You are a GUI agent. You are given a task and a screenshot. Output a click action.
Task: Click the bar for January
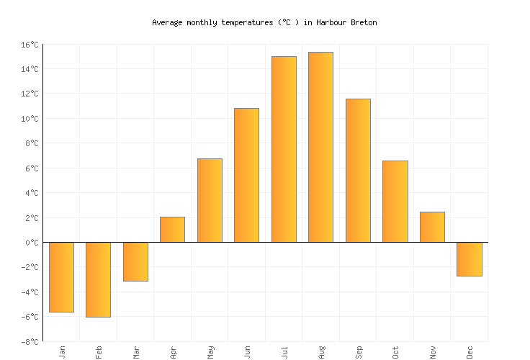[61, 277]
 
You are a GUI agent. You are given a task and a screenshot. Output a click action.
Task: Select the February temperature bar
[99, 279]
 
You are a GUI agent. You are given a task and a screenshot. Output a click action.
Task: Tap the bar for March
[135, 261]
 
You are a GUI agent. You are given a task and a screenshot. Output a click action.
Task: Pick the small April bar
[173, 230]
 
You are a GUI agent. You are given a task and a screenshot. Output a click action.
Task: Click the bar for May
[210, 200]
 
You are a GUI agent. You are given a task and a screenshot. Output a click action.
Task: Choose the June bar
[247, 175]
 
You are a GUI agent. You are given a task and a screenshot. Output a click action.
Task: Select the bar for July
[284, 149]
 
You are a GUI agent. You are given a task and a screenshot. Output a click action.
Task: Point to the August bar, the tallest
[321, 147]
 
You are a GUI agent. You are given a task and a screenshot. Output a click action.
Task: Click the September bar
[358, 171]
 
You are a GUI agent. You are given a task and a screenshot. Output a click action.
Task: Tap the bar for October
[395, 202]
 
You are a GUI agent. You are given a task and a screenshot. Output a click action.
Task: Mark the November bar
[432, 227]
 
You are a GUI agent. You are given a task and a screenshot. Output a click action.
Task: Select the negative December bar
[470, 259]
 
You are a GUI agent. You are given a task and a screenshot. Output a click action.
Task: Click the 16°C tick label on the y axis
[30, 45]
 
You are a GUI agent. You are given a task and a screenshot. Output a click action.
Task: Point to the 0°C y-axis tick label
[32, 243]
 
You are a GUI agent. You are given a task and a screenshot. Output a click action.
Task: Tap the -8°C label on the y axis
[30, 341]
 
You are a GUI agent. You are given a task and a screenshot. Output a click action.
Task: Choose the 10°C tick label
[30, 119]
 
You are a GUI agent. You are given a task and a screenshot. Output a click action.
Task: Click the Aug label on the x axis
[322, 351]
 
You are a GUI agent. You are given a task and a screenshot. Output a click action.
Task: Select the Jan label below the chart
[62, 351]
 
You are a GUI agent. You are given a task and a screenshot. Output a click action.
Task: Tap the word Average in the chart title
[166, 22]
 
